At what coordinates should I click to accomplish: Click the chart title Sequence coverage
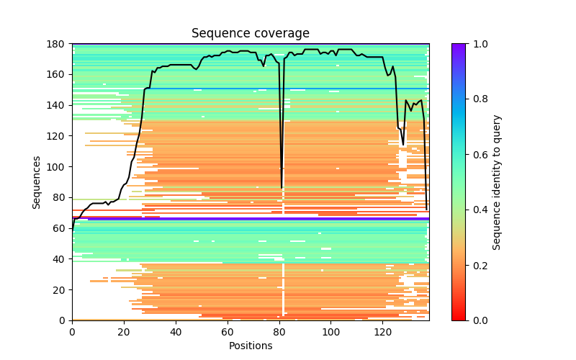click(x=251, y=34)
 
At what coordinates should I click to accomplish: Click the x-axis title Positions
click(x=251, y=346)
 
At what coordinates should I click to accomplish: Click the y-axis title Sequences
click(x=37, y=182)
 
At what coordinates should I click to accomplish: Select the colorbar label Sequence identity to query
click(x=497, y=182)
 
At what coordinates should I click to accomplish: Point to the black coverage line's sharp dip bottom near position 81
click(x=282, y=188)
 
